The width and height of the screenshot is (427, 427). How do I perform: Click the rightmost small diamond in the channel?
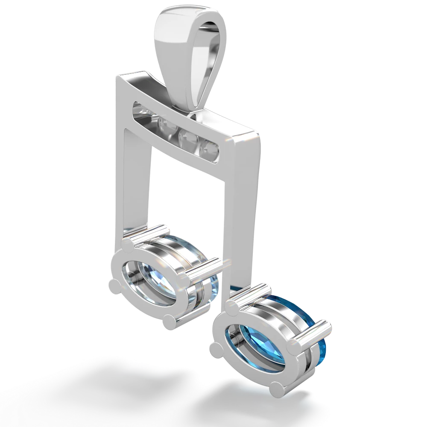click(211, 148)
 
